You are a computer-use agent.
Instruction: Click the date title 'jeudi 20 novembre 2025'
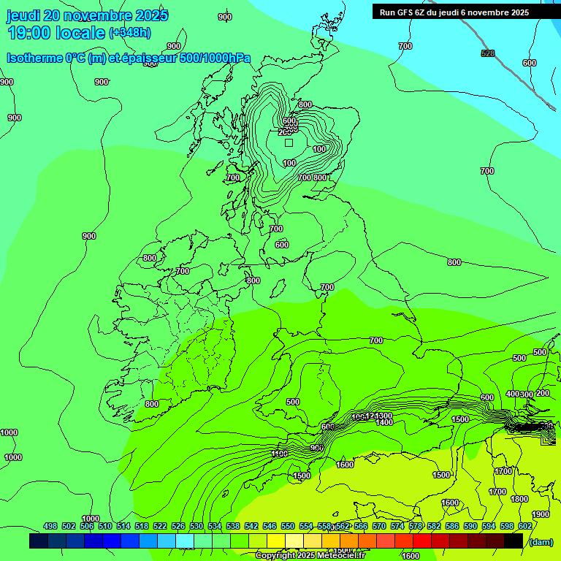pyautogui.click(x=87, y=15)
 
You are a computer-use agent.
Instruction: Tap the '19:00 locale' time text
pyautogui.click(x=56, y=33)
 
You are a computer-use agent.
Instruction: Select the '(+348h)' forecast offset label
pyautogui.click(x=130, y=33)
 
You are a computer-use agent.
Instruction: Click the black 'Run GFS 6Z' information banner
pyautogui.click(x=459, y=12)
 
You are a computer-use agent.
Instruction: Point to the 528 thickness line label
pyautogui.click(x=488, y=53)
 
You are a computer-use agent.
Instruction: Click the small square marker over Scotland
pyautogui.click(x=289, y=143)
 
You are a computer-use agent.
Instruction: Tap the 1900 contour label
pyautogui.click(x=541, y=514)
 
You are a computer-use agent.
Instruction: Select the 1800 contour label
pyautogui.click(x=519, y=499)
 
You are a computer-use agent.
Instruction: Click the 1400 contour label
pyautogui.click(x=384, y=422)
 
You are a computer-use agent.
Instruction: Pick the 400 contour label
pyautogui.click(x=512, y=394)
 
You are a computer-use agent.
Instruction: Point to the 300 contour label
pyautogui.click(x=527, y=394)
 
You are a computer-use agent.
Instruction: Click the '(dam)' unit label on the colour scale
pyautogui.click(x=541, y=541)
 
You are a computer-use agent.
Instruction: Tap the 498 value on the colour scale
pyautogui.click(x=50, y=526)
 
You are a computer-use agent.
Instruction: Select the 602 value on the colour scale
pyautogui.click(x=524, y=526)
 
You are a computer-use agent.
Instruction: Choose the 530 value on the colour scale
pyautogui.click(x=196, y=526)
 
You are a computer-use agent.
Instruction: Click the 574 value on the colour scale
pyautogui.click(x=397, y=526)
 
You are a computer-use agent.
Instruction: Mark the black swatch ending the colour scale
pyautogui.click(x=514, y=541)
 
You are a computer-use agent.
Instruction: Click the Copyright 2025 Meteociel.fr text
pyautogui.click(x=310, y=556)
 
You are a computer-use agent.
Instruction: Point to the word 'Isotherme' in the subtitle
pyautogui.click(x=33, y=58)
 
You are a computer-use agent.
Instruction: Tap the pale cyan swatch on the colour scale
pyautogui.click(x=185, y=541)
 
